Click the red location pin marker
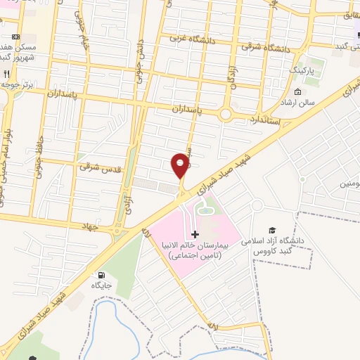pyautogui.click(x=181, y=164)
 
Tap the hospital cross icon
pyautogui.click(x=195, y=233)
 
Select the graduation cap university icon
pyautogui.click(x=272, y=230)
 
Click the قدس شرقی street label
pyautogui.click(x=96, y=167)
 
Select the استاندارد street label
pyautogui.click(x=264, y=120)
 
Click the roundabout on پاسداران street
pyautogui.click(x=226, y=113)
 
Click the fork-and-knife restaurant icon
pyautogui.click(x=6, y=73)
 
